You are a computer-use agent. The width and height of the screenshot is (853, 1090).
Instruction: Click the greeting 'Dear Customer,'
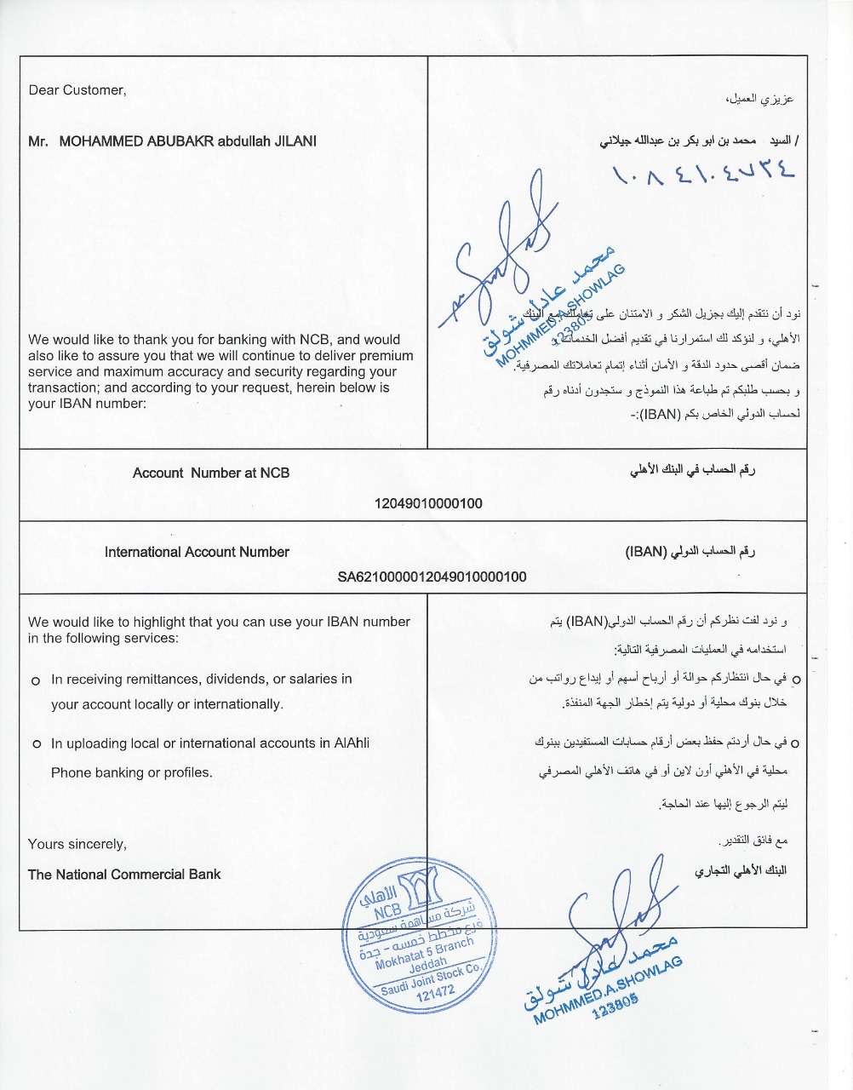77,90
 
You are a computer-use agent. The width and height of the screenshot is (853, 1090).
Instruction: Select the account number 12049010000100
428,503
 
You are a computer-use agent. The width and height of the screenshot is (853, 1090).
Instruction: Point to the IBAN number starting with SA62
432,577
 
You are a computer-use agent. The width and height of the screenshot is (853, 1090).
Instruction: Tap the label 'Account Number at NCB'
210,473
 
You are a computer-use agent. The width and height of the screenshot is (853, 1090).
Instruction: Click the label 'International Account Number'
197,552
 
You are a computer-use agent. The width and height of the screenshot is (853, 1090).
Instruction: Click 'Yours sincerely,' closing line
77,844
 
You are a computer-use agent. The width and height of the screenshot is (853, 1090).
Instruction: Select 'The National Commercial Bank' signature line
124,874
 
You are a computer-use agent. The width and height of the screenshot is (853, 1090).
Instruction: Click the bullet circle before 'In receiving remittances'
36,681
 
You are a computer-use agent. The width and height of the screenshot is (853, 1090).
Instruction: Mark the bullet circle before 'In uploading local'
36,744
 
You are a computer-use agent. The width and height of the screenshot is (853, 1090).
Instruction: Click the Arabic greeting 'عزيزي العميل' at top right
764,99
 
